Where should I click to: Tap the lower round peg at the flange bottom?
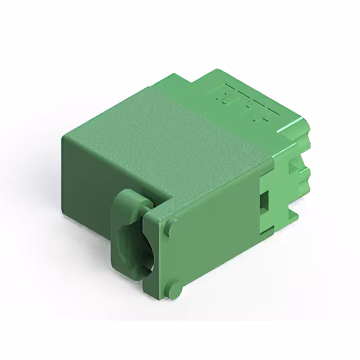pos(176,290)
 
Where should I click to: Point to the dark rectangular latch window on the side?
pos(263,200)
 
